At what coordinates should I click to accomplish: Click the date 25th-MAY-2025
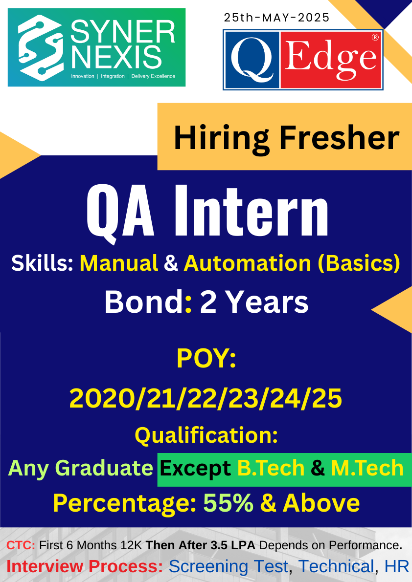pyautogui.click(x=276, y=18)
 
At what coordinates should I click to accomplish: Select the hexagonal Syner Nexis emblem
pyautogui.click(x=40, y=47)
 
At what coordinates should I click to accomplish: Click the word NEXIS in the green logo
pyautogui.click(x=116, y=57)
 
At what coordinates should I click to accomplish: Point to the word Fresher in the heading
pyautogui.click(x=339, y=138)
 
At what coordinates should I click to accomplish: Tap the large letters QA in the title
pyautogui.click(x=120, y=212)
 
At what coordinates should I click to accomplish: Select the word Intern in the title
pyautogui.click(x=252, y=211)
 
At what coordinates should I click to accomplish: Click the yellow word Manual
pyautogui.click(x=119, y=263)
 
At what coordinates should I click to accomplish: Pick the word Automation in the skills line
pyautogui.click(x=247, y=263)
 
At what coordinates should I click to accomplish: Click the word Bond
pyautogui.click(x=144, y=302)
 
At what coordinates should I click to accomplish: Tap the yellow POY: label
pyautogui.click(x=206, y=358)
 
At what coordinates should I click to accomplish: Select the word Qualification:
pyautogui.click(x=206, y=436)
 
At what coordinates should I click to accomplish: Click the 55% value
pyautogui.click(x=228, y=503)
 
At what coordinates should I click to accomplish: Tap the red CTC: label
pyautogui.click(x=21, y=545)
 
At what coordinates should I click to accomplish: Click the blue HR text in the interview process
pyautogui.click(x=397, y=567)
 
